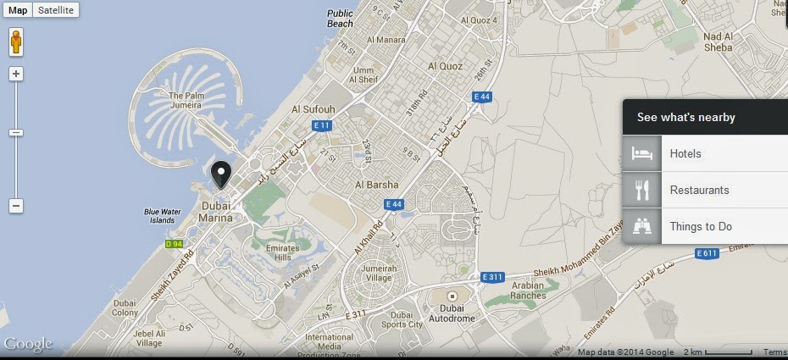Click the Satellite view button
[57, 10]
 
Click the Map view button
[18, 10]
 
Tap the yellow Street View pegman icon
[16, 42]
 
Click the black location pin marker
[221, 174]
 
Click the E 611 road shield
[707, 253]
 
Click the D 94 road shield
[174, 244]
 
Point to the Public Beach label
[340, 19]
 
